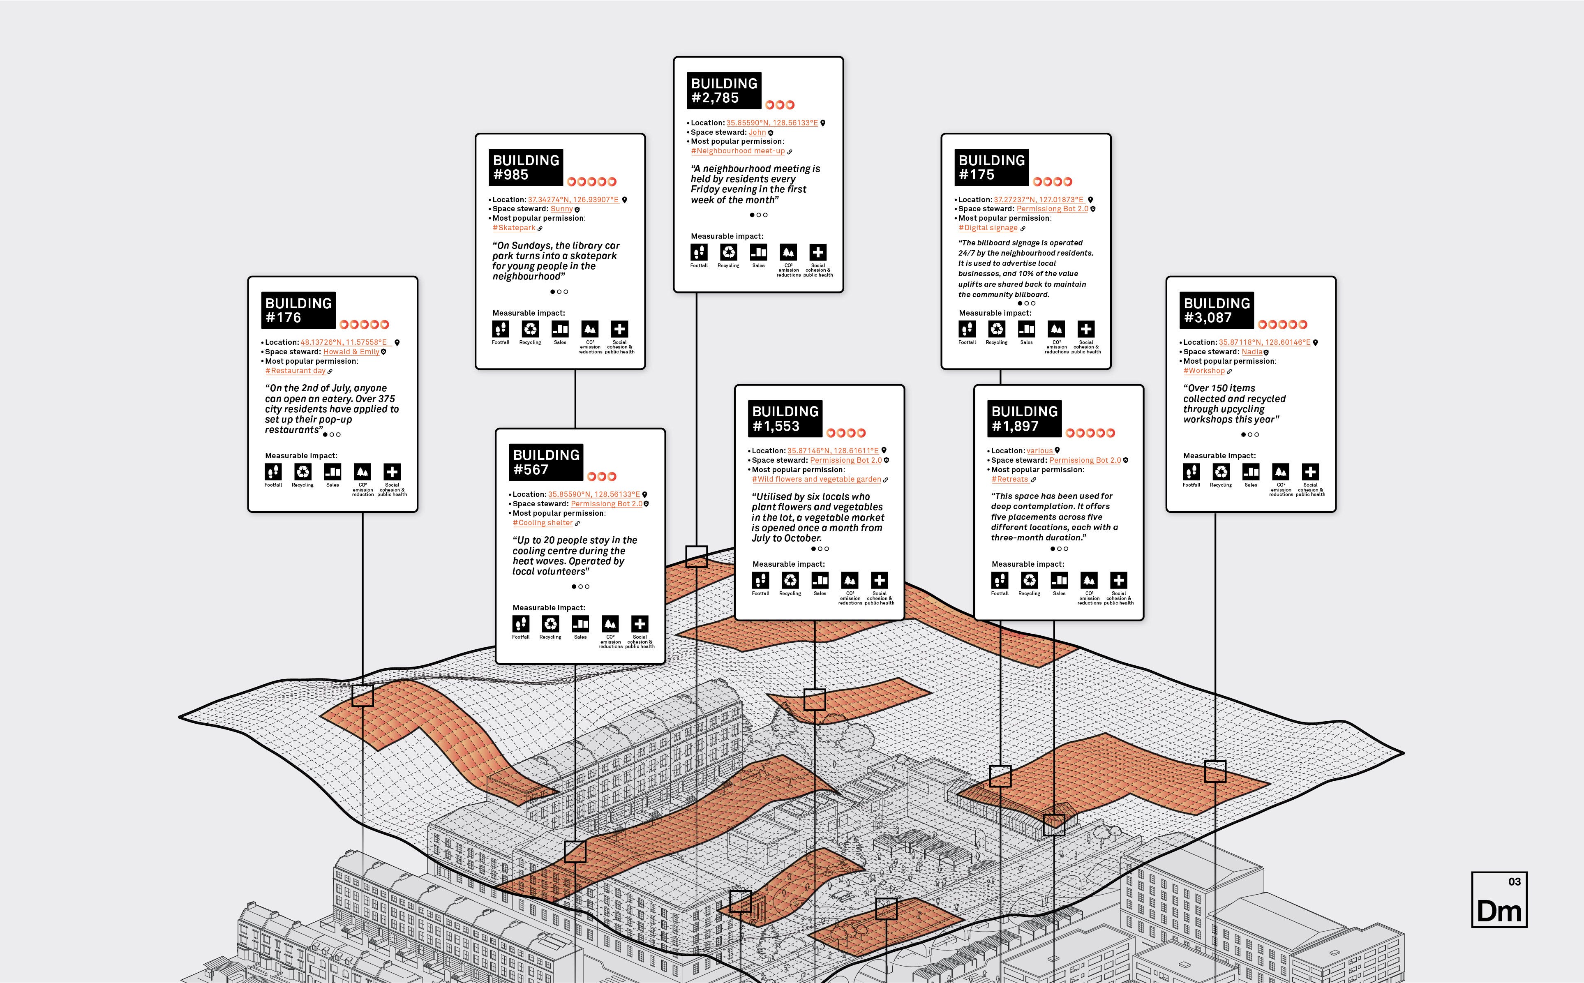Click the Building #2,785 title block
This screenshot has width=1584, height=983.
point(724,90)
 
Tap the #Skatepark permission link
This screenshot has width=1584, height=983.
point(514,228)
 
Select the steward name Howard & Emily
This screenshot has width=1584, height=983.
point(351,352)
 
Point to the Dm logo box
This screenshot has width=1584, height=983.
point(1499,900)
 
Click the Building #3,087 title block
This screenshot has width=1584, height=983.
point(1216,310)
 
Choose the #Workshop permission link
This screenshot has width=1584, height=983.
point(1203,371)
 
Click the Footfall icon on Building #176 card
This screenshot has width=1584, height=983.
point(273,471)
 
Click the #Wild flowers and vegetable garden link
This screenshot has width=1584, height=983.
point(816,479)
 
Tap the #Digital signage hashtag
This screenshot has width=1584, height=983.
point(988,228)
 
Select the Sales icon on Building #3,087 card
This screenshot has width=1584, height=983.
point(1250,471)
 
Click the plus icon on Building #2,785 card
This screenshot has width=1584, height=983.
point(818,252)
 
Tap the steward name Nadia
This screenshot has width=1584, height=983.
point(1252,352)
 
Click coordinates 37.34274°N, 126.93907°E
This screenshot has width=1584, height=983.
point(573,200)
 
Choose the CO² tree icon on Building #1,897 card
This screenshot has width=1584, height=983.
point(1088,580)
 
